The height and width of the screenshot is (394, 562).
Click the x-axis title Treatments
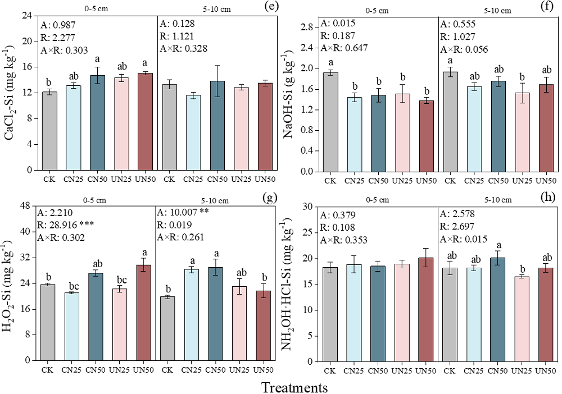pyautogui.click(x=294, y=387)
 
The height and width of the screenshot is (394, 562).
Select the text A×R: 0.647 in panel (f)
pyautogui.click(x=344, y=48)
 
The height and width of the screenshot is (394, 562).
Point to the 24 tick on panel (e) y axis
pyautogui.click(x=28, y=16)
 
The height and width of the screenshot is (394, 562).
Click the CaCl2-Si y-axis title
pyautogui.click(x=11, y=93)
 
